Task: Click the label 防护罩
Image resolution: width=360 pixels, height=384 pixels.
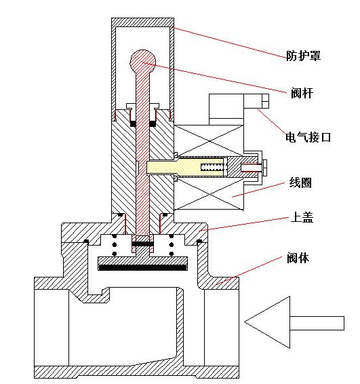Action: (x=303, y=56)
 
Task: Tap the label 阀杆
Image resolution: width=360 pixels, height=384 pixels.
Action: (x=302, y=93)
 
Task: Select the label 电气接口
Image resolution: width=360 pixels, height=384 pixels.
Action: (x=308, y=137)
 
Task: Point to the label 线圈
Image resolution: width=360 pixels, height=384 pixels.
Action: (x=300, y=183)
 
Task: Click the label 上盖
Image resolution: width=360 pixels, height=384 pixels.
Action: (x=302, y=217)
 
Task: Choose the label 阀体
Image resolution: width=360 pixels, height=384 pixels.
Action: (x=298, y=258)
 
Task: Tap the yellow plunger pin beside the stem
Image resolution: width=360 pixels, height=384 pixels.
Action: (x=185, y=167)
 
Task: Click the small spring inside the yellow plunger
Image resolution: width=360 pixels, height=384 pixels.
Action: (x=212, y=167)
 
